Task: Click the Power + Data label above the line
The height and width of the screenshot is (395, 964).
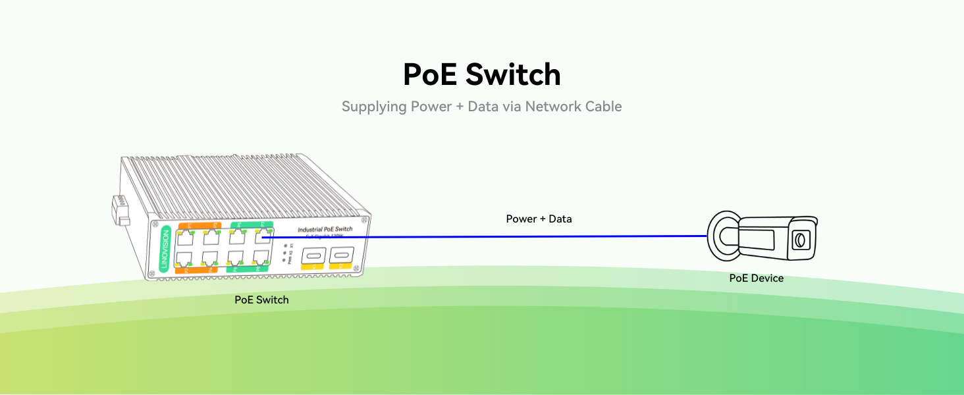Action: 539,219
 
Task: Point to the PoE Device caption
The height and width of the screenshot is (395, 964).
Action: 756,278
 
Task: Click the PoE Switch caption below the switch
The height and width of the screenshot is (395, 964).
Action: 261,300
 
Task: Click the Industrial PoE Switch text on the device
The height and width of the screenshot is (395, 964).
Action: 325,229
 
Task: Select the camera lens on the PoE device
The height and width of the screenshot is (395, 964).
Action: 799,240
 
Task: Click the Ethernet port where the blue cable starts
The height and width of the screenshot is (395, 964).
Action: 262,237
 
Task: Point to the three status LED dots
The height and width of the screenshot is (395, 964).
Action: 284,253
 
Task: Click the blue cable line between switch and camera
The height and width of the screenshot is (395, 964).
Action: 487,236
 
